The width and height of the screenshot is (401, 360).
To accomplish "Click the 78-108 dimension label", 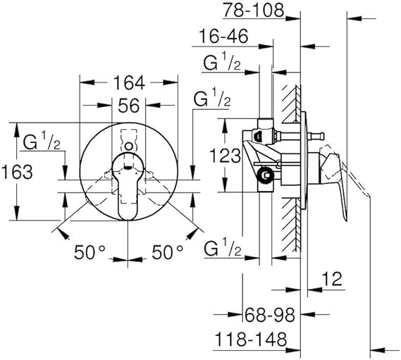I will click(x=252, y=11).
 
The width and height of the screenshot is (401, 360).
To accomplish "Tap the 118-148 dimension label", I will click(x=252, y=340).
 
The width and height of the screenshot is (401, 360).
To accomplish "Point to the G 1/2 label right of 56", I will click(x=211, y=99).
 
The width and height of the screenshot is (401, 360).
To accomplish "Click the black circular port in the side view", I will click(x=265, y=177).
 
